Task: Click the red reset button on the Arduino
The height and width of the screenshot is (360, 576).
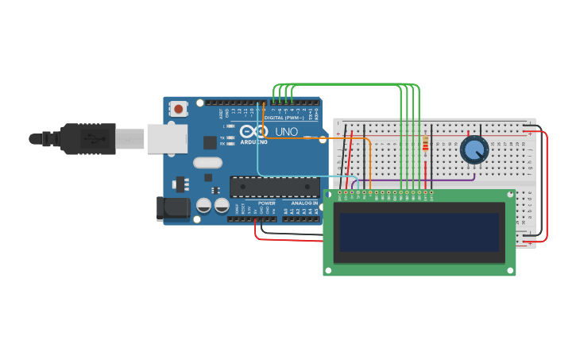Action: click(x=179, y=108)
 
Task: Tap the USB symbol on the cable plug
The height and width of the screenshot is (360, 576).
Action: click(x=94, y=138)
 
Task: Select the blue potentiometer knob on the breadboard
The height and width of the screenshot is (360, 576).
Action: click(x=474, y=149)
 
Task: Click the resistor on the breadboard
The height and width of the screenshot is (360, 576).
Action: click(x=427, y=145)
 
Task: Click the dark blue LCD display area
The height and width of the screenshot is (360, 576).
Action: click(x=419, y=231)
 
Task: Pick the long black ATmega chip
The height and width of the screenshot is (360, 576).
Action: click(x=274, y=187)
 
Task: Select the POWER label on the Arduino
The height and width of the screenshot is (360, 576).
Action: click(x=267, y=203)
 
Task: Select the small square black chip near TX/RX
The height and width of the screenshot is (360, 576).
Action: click(x=210, y=142)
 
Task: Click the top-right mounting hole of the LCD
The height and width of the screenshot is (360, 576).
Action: click(x=510, y=193)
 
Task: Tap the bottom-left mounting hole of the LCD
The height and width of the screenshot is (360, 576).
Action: click(x=328, y=270)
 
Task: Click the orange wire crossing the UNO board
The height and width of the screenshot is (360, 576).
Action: click(x=318, y=138)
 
